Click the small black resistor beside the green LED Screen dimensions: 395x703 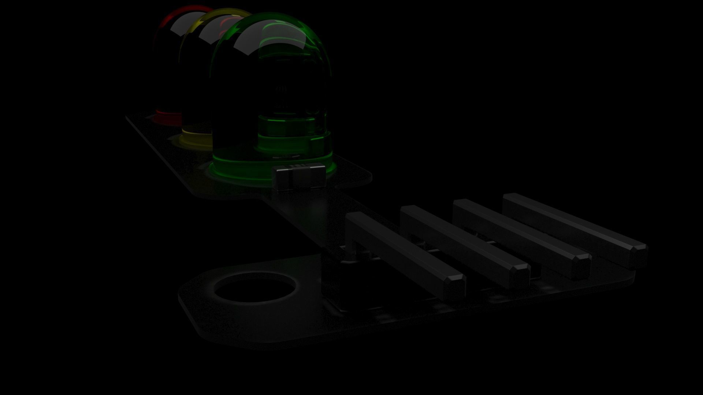pyautogui.click(x=299, y=177)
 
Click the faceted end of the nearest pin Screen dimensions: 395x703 pyautogui.click(x=454, y=283)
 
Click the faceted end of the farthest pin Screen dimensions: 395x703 pyautogui.click(x=639, y=254)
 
